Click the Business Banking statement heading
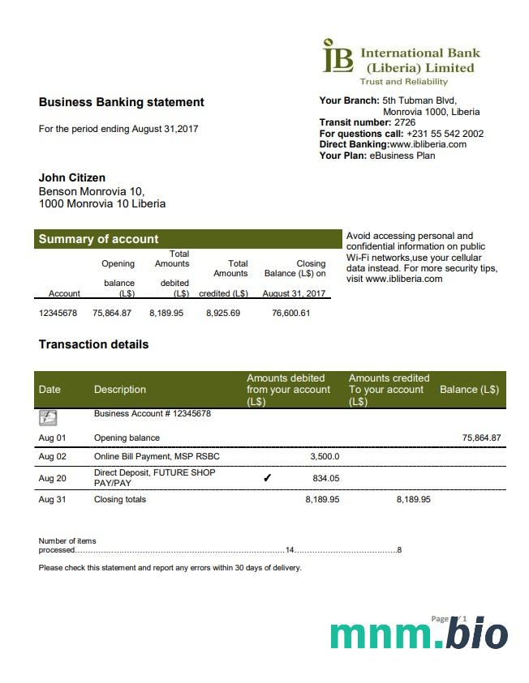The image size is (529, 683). click(x=121, y=102)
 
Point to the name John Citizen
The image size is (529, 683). click(x=72, y=177)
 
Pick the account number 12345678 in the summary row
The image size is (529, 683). click(x=58, y=313)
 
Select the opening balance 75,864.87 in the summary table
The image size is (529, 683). click(x=112, y=313)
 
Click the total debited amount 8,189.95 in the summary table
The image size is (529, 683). click(x=166, y=313)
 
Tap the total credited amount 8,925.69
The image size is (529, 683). click(x=223, y=313)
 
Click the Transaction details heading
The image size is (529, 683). click(x=93, y=344)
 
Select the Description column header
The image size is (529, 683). click(x=120, y=390)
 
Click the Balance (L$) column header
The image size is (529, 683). click(x=469, y=390)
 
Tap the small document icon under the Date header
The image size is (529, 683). click(x=48, y=417)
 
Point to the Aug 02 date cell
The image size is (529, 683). click(x=52, y=456)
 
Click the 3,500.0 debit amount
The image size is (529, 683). click(x=325, y=456)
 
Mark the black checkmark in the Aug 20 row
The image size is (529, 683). click(x=268, y=478)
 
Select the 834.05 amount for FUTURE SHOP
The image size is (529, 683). click(x=326, y=478)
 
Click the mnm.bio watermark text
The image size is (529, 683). click(x=419, y=634)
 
